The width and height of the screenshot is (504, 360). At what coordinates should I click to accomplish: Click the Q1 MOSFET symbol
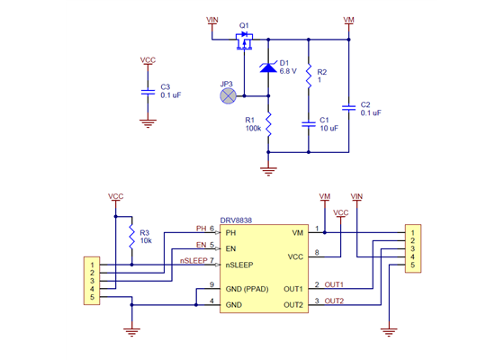244,40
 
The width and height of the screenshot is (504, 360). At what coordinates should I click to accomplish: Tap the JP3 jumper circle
229,93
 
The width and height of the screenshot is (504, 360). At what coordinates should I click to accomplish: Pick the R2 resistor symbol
309,76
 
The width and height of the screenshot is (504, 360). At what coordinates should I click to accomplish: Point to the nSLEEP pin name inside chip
240,265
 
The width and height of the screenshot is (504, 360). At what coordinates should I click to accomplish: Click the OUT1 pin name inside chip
293,289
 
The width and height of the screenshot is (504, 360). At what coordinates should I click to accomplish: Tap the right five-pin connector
412,249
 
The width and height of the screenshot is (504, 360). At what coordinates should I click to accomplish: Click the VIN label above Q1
212,19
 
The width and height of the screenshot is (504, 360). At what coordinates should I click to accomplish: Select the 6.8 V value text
288,70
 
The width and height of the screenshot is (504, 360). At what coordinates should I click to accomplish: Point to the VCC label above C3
148,59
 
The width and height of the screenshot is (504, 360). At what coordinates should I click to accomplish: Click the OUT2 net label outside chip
334,301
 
